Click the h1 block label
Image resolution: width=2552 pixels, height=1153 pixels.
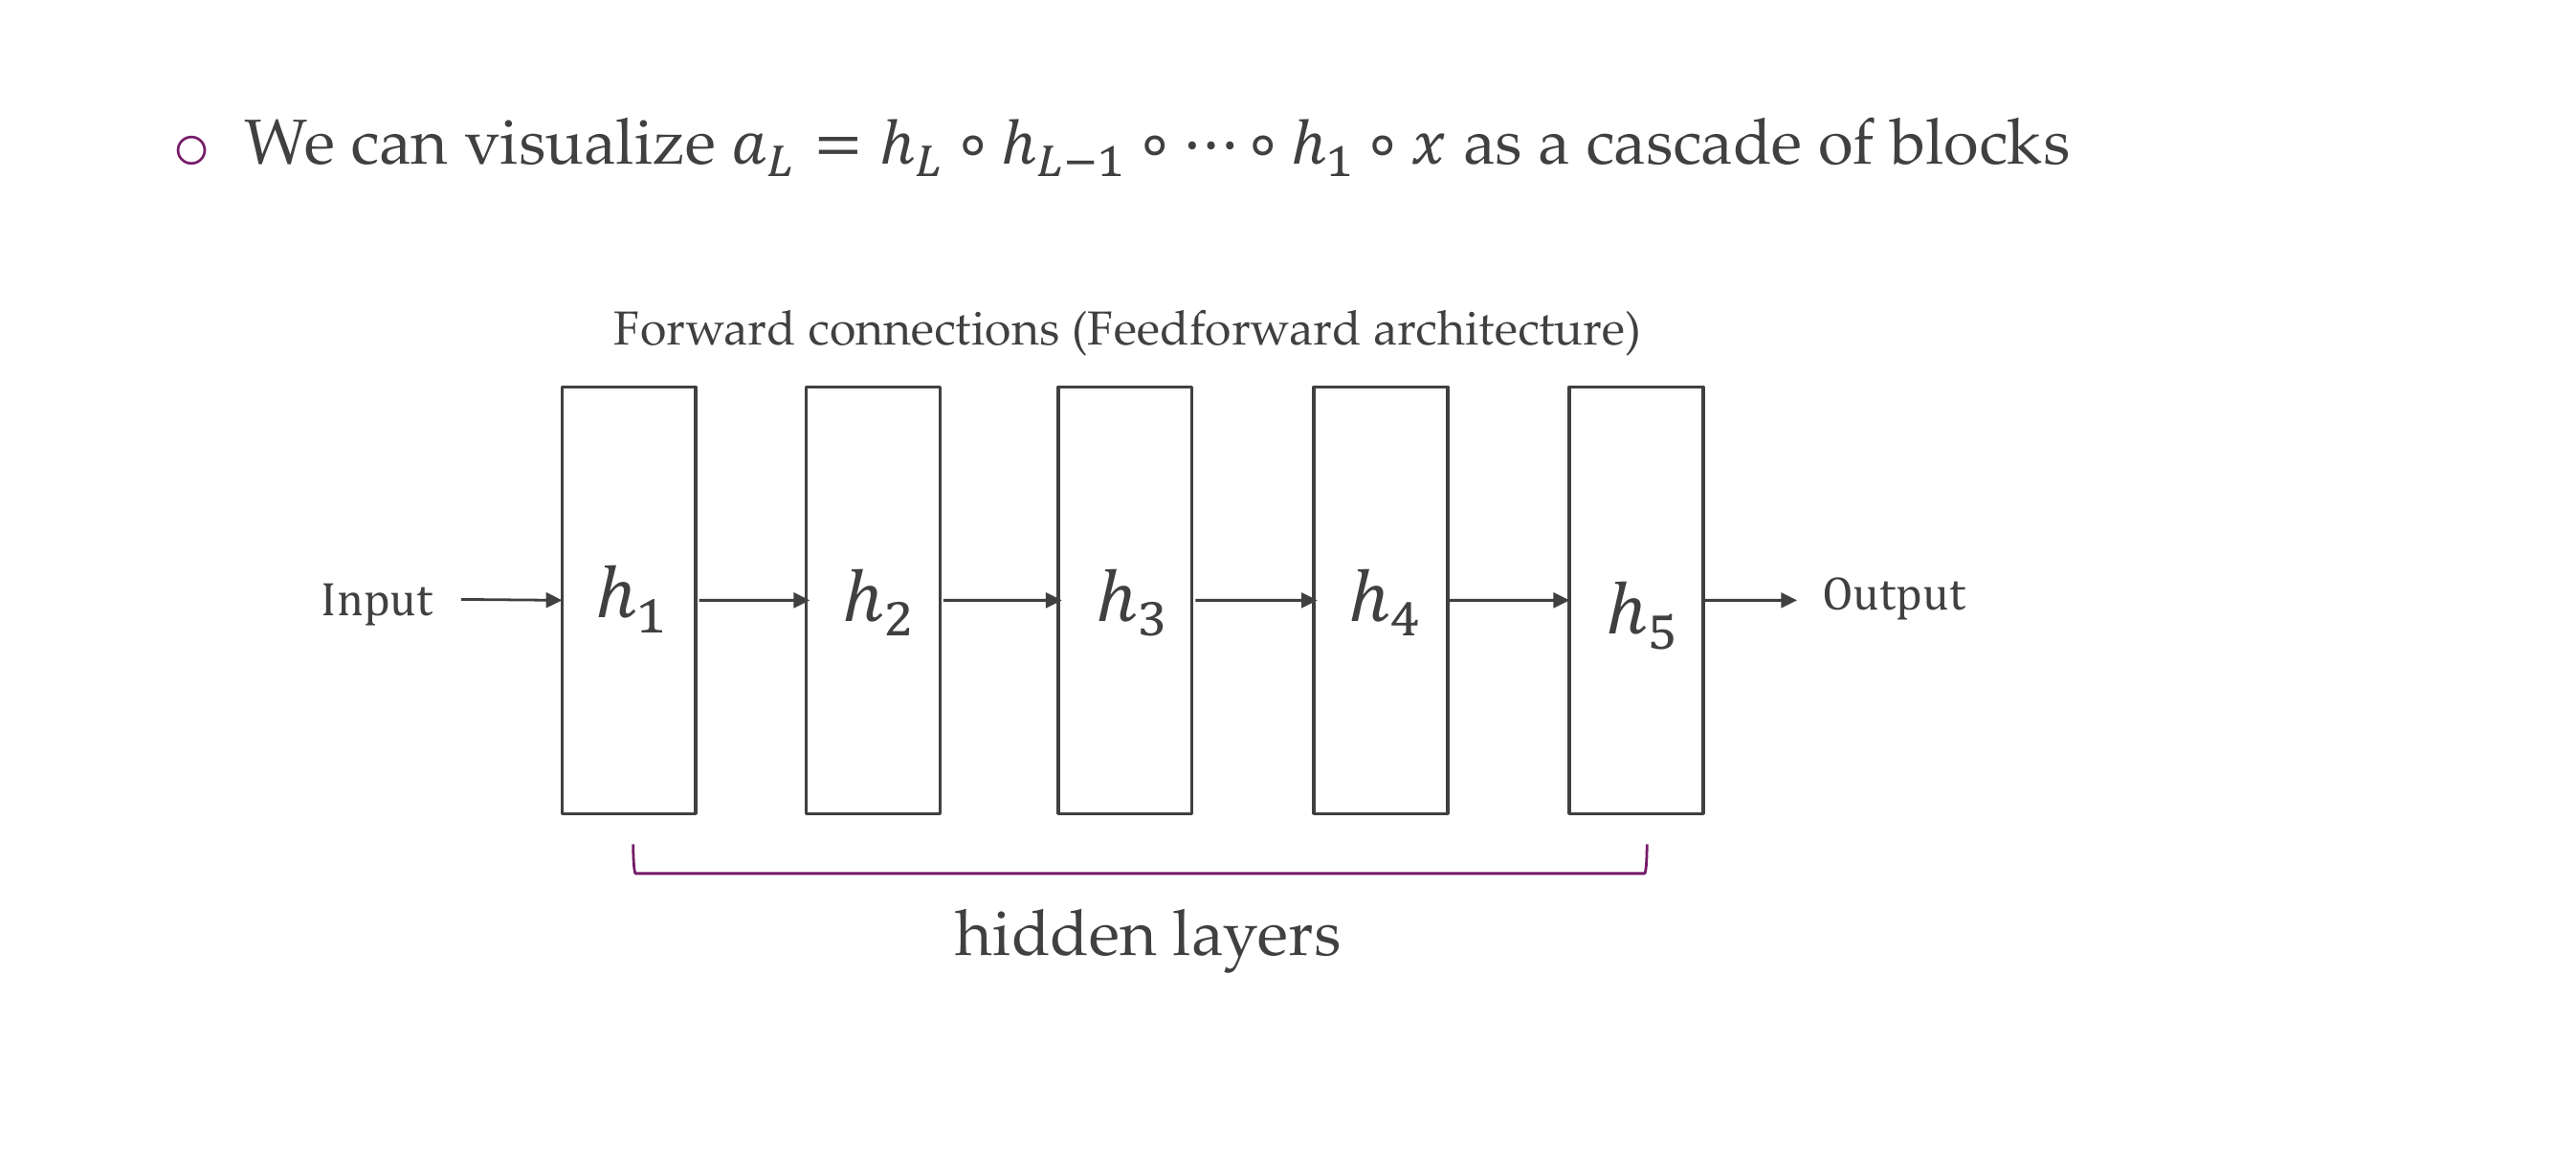(629, 598)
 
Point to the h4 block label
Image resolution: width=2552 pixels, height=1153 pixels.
(1383, 601)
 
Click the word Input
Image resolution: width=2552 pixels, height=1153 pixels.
(376, 600)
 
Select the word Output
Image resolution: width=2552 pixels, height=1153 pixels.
(1894, 595)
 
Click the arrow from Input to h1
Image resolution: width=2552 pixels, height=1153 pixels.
(511, 599)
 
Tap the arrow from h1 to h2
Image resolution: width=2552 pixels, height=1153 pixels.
(753, 600)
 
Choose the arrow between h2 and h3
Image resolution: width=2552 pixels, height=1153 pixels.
(1001, 600)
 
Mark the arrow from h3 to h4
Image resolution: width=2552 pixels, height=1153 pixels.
(1254, 600)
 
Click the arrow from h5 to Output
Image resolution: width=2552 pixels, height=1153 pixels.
(1749, 600)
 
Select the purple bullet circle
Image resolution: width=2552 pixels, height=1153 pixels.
(191, 150)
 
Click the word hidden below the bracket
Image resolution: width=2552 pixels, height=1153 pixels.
(1054, 934)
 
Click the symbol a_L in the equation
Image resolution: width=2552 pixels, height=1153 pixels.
(762, 148)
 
